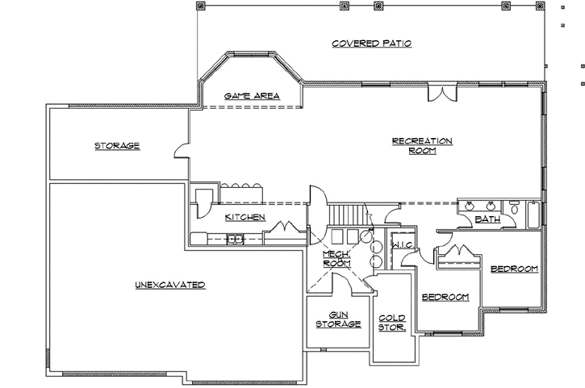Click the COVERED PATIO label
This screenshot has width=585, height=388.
click(372, 44)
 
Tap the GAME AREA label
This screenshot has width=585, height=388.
click(252, 96)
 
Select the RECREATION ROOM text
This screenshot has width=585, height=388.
click(422, 145)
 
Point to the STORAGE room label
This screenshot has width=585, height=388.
click(117, 146)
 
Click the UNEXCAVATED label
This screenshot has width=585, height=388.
click(169, 285)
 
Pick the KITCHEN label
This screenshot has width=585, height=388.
click(245, 217)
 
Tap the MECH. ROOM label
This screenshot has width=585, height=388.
click(336, 258)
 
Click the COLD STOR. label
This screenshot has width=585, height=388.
click(391, 323)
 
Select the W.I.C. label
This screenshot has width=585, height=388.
click(401, 244)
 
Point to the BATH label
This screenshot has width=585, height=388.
click(487, 219)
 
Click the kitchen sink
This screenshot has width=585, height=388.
click(236, 238)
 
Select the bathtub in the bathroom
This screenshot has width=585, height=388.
click(533, 213)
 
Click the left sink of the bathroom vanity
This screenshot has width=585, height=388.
click(470, 207)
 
